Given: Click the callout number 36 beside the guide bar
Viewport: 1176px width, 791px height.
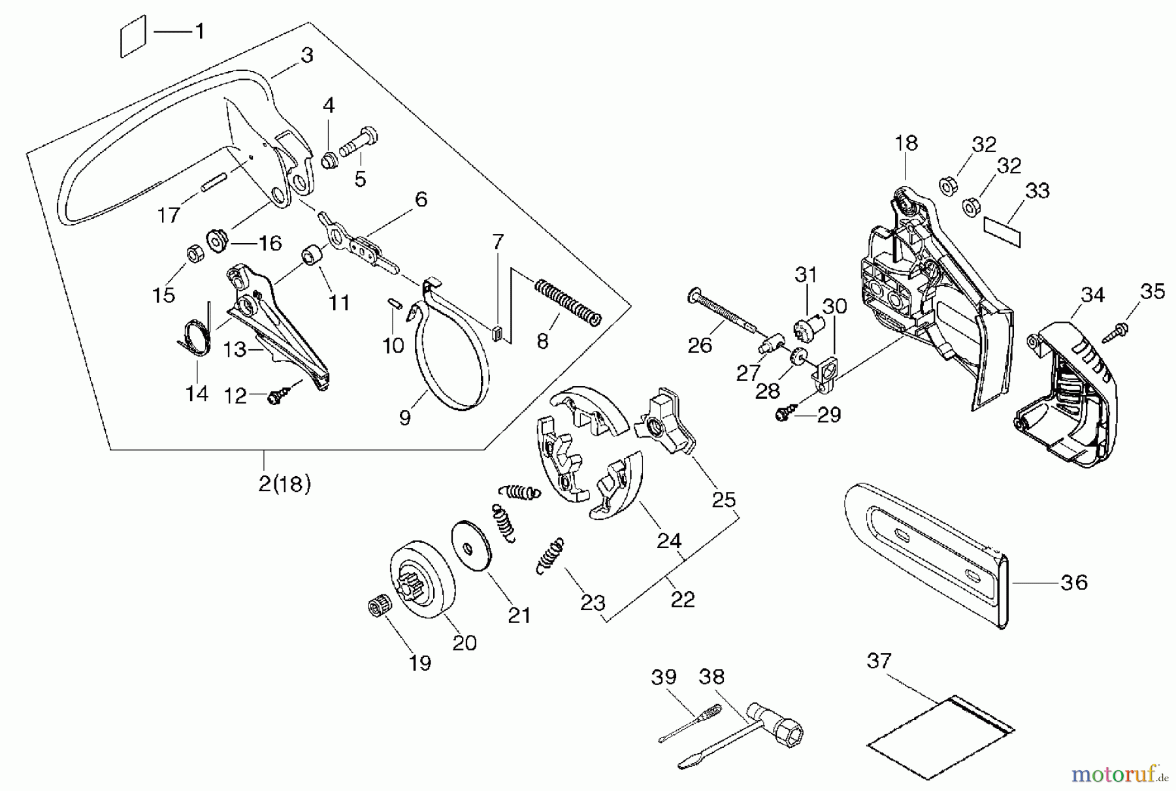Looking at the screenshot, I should click(1073, 582).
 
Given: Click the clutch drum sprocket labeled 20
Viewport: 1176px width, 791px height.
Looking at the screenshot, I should click(419, 584).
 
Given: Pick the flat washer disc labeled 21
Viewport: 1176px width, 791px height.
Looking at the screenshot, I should click(470, 546).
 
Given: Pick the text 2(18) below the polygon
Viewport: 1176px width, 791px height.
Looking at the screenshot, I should click(284, 485).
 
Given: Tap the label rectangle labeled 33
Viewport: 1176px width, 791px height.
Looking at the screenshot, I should click(1002, 231).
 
